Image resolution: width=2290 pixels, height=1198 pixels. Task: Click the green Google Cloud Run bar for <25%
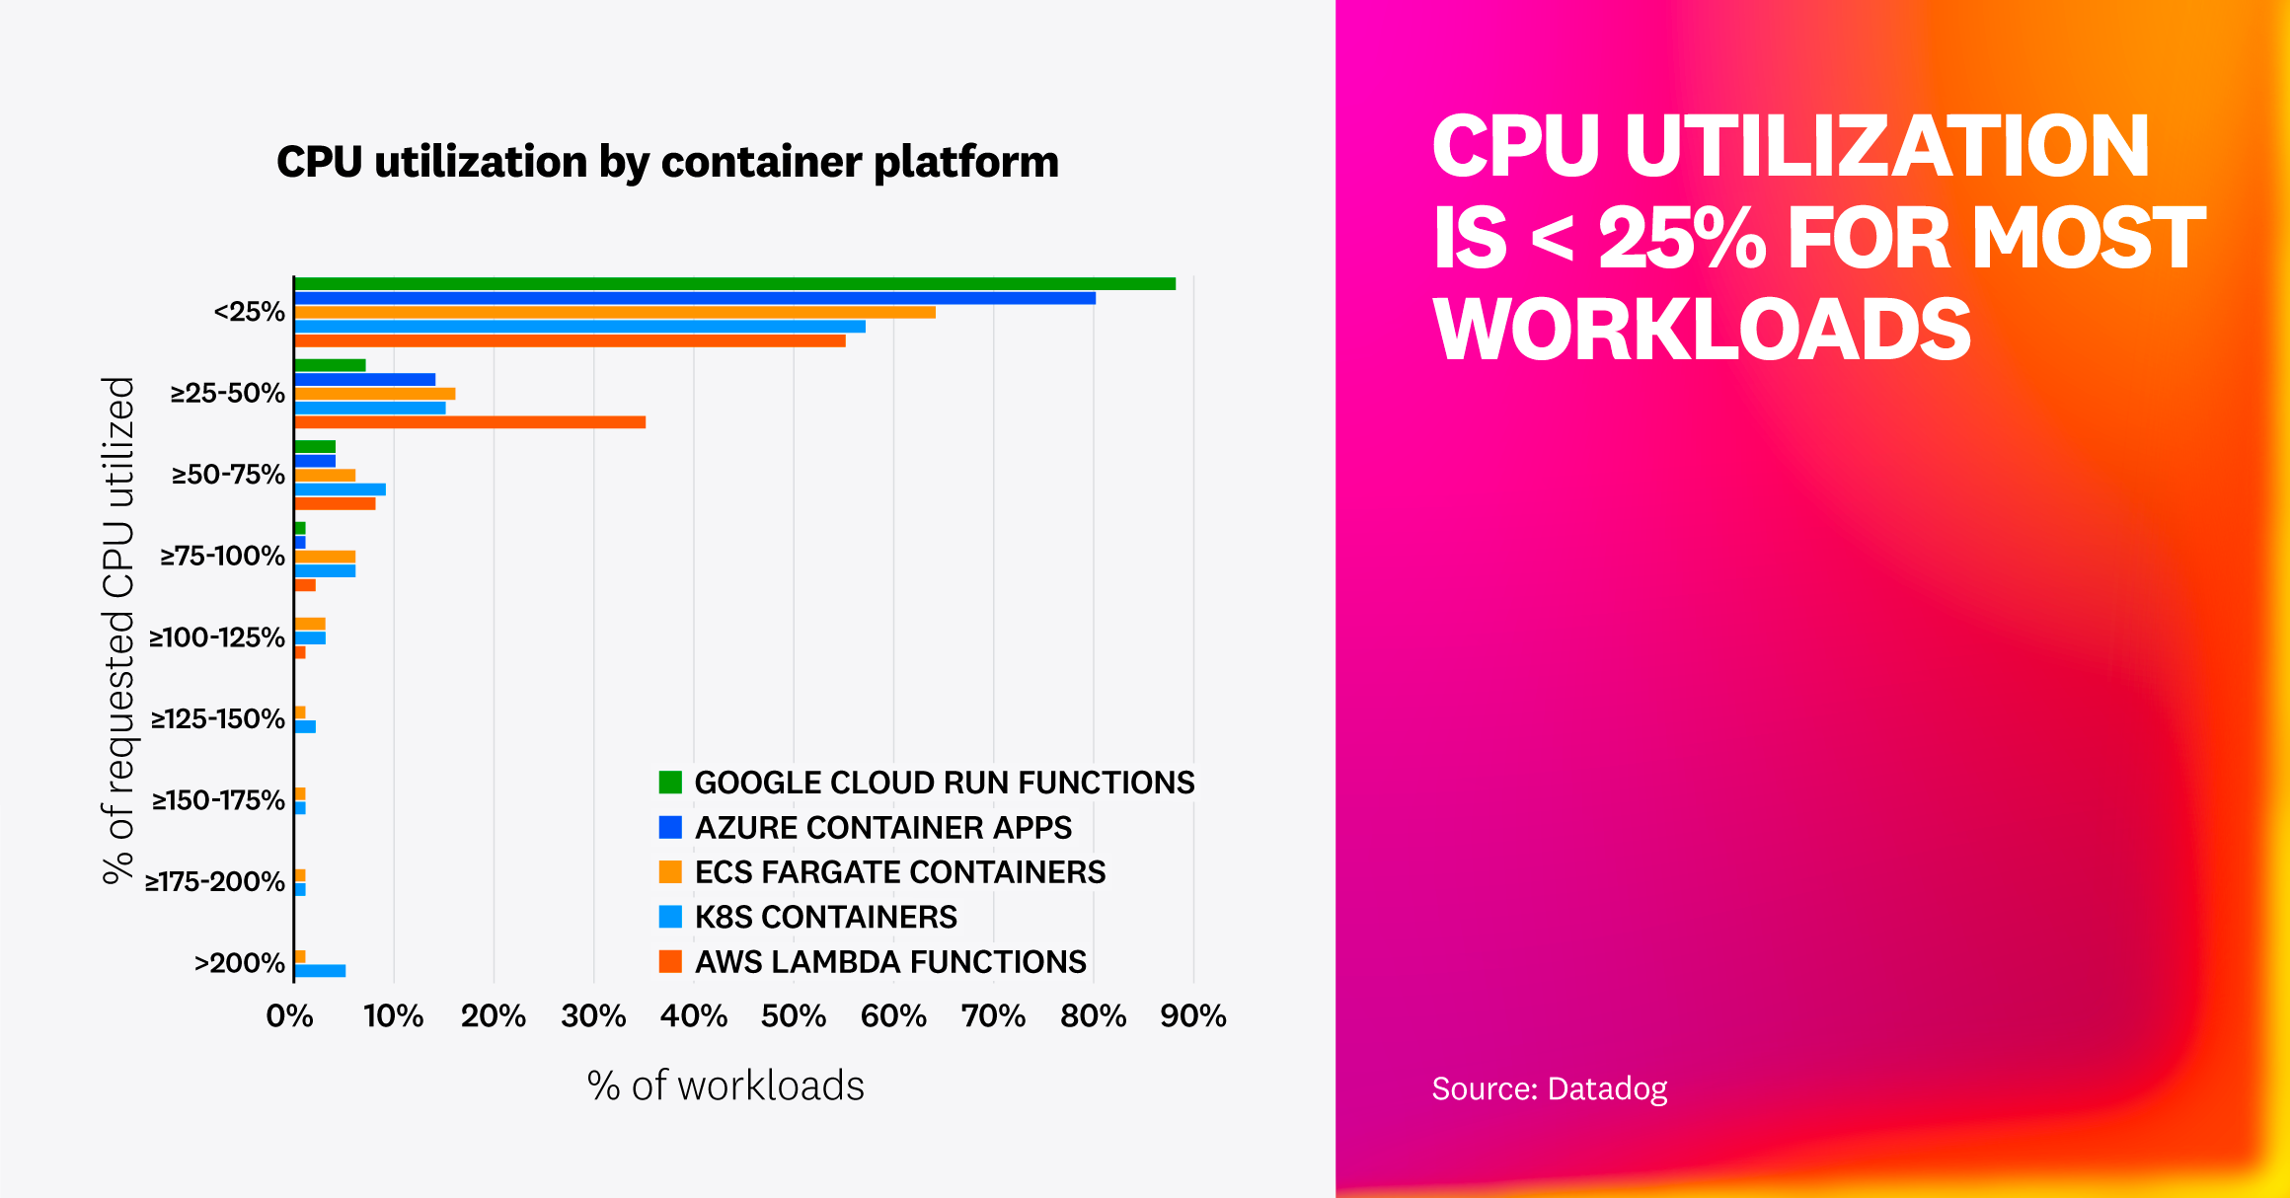[734, 284]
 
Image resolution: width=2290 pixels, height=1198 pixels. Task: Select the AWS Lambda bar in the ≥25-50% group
[470, 422]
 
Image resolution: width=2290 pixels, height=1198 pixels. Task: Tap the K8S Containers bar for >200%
[320, 971]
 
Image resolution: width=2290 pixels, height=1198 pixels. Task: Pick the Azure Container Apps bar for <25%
[695, 298]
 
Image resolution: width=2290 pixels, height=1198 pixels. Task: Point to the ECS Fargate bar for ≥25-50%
[375, 394]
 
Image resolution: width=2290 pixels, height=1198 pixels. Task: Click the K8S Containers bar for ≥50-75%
[340, 489]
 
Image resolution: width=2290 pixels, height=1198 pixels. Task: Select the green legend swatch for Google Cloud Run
[670, 783]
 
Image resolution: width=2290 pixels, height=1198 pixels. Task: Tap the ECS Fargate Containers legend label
[899, 872]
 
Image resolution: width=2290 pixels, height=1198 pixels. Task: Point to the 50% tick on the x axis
[794, 1015]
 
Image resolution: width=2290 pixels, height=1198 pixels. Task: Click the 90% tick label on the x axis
[1192, 1015]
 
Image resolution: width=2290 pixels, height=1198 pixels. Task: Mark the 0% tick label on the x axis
[289, 1015]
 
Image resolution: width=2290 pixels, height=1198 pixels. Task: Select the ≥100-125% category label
[217, 637]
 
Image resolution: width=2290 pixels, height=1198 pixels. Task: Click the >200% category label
[239, 963]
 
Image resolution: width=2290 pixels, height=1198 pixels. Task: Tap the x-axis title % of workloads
[725, 1086]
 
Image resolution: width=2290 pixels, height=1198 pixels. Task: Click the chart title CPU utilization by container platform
[667, 162]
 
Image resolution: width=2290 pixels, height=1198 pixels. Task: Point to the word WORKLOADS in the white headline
[1702, 330]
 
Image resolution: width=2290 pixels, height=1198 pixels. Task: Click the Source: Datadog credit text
[1549, 1088]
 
